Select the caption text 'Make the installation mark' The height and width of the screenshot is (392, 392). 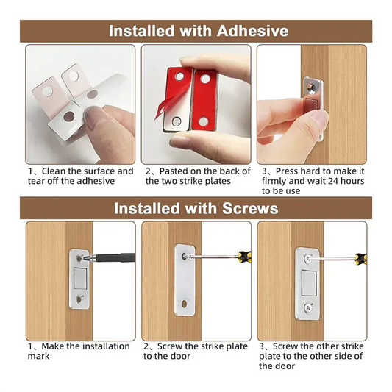79,351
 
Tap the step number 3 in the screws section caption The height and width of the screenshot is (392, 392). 261,346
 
